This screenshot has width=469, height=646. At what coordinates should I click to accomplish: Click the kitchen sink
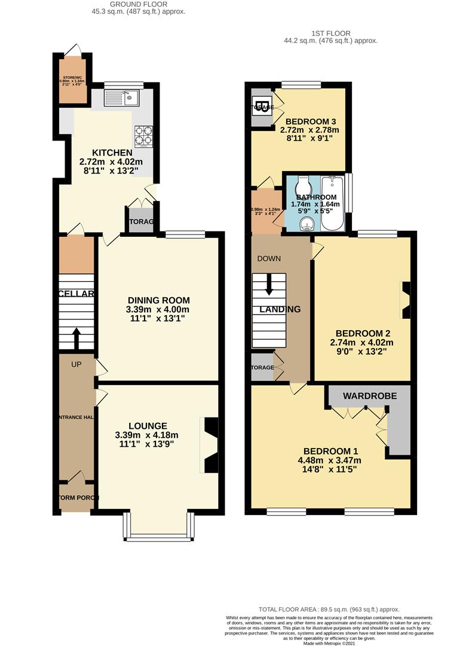[x=122, y=97]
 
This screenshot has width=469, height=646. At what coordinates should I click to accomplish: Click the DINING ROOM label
[x=158, y=300]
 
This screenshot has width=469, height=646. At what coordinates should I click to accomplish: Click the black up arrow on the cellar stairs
[x=76, y=337]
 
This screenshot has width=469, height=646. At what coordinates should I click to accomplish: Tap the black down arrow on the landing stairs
[x=269, y=284]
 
